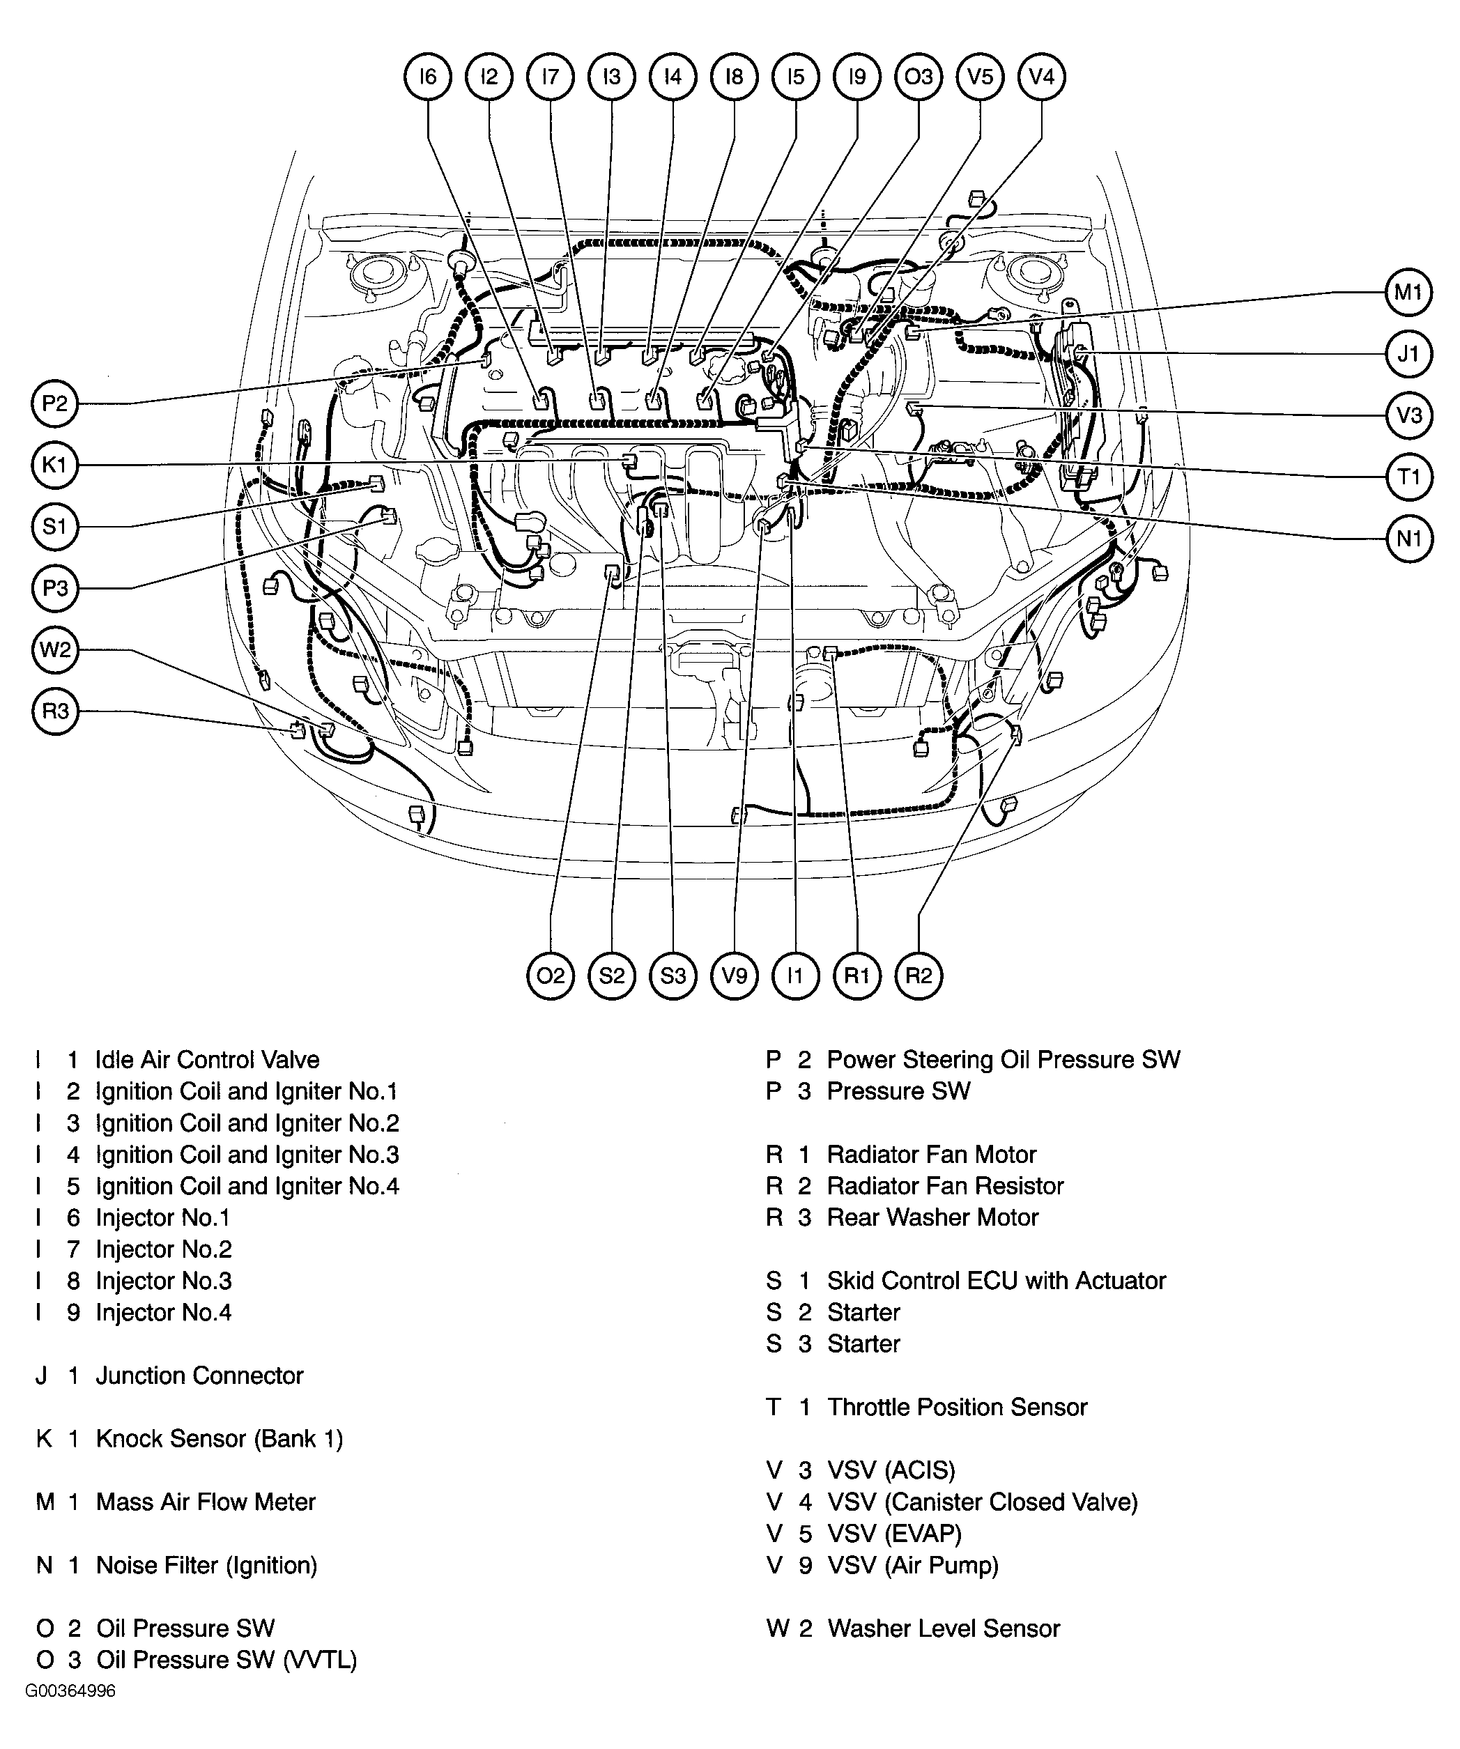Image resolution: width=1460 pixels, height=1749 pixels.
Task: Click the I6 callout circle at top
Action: click(427, 77)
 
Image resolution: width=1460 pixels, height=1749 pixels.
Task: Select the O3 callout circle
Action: click(919, 77)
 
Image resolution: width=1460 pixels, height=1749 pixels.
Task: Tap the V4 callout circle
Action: click(1041, 77)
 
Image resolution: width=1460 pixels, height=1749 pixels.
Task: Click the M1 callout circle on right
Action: click(1408, 293)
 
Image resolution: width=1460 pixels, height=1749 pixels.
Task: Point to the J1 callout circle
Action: click(1408, 354)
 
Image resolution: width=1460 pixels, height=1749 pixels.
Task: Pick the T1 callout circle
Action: click(1408, 477)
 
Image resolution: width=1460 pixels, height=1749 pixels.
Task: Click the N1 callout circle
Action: click(1408, 539)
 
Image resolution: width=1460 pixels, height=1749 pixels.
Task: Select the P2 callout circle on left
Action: click(54, 404)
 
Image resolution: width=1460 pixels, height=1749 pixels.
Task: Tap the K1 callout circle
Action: click(54, 465)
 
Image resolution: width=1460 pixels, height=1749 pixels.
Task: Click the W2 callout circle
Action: click(54, 649)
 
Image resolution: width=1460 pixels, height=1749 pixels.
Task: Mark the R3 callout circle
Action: click(54, 711)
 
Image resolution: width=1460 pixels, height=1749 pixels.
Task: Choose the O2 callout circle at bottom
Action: click(551, 976)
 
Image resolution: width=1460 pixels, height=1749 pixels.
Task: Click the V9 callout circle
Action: click(735, 976)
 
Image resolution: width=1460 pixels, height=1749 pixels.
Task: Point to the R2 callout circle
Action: click(919, 976)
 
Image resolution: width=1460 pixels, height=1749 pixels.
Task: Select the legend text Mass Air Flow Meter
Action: click(206, 1502)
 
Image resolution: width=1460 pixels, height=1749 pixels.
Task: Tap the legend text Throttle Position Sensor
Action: click(957, 1408)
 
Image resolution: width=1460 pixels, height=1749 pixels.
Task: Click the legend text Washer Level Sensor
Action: click(944, 1629)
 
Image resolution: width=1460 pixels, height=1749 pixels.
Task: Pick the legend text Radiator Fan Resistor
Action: click(945, 1186)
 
